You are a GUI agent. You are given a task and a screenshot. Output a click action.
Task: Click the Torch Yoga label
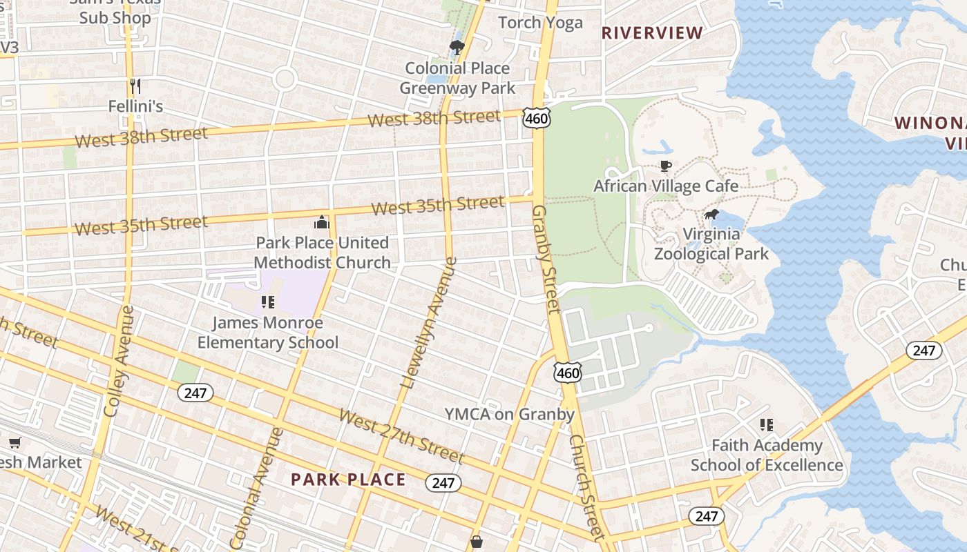point(540,23)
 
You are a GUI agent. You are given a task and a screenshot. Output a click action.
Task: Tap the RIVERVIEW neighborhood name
point(652,32)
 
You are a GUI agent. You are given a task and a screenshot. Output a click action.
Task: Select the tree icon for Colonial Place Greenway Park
point(457,48)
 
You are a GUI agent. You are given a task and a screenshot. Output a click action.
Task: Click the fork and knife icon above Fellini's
point(135,86)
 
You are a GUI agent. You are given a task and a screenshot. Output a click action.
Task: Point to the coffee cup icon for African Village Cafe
point(665,166)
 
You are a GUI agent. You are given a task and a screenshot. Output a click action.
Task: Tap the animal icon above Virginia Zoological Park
point(711,215)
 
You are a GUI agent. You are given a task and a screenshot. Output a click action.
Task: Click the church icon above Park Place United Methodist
point(321,222)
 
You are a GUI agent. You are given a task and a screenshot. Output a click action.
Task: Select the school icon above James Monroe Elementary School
point(268,302)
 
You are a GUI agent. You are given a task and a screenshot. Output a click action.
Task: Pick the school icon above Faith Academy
point(766,425)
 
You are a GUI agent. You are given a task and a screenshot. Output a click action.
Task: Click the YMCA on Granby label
point(509,414)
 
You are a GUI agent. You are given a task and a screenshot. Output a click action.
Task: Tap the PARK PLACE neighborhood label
point(348,480)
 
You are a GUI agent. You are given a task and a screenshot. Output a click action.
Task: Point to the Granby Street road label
point(546,258)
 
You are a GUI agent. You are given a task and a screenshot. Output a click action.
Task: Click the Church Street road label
point(588,486)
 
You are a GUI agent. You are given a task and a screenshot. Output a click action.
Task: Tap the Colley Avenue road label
point(118,361)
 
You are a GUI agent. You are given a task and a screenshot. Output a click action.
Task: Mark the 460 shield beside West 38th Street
point(536,119)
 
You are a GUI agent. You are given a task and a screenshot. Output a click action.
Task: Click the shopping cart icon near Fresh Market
point(15,442)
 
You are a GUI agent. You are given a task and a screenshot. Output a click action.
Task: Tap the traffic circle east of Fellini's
point(285,78)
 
